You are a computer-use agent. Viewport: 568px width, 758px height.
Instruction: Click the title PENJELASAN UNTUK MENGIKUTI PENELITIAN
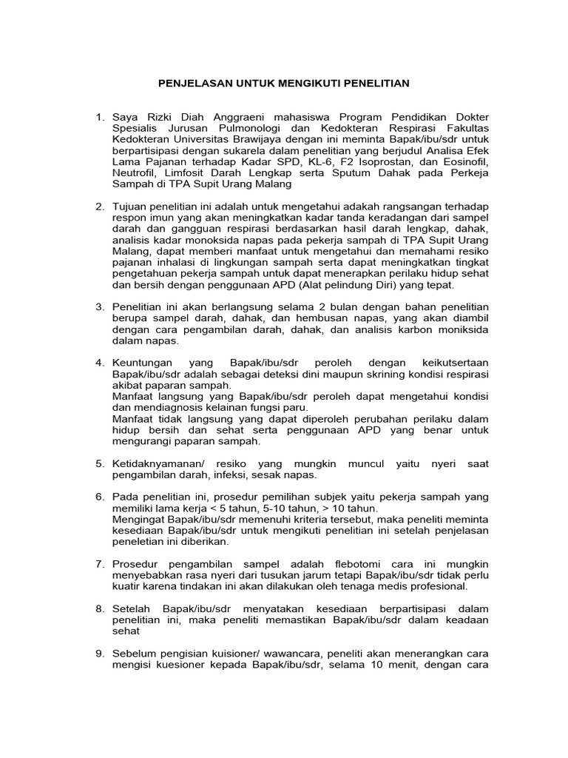click(284, 84)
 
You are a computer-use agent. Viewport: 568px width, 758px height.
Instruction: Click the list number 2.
click(100, 206)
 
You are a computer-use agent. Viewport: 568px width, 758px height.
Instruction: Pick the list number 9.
click(100, 654)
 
